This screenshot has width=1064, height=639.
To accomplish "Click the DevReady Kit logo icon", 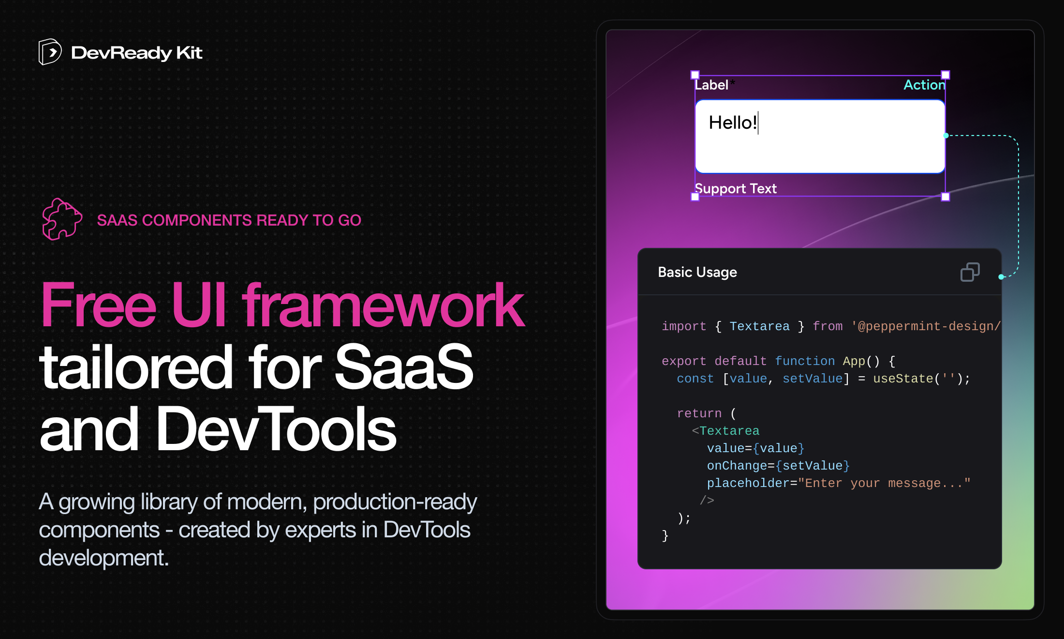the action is click(50, 52).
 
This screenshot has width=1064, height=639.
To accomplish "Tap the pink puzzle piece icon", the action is click(62, 219).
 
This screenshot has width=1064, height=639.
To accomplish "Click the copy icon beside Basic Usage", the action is click(970, 272).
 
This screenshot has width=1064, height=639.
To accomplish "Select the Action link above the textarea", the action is click(924, 85).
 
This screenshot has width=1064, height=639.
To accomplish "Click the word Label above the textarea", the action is click(711, 85).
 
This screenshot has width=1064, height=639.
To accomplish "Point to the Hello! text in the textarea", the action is click(733, 122).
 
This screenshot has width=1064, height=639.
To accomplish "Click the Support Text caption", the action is click(736, 188).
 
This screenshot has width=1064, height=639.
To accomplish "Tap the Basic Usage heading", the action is click(697, 272).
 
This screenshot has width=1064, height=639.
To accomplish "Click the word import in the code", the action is click(684, 326).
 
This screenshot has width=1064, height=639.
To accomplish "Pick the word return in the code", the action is click(699, 413).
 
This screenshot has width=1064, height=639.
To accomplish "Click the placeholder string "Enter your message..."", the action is click(884, 483).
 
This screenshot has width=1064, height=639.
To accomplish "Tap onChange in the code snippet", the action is click(737, 466).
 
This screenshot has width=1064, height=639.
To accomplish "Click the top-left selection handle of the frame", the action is click(695, 75).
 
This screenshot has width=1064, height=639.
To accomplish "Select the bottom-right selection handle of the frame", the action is click(946, 197).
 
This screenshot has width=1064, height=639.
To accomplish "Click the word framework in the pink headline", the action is click(383, 305).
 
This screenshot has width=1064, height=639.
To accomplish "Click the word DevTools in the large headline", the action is click(276, 428).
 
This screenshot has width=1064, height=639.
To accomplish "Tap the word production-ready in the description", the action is click(395, 502).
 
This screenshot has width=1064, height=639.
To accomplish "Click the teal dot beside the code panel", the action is click(1001, 277).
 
